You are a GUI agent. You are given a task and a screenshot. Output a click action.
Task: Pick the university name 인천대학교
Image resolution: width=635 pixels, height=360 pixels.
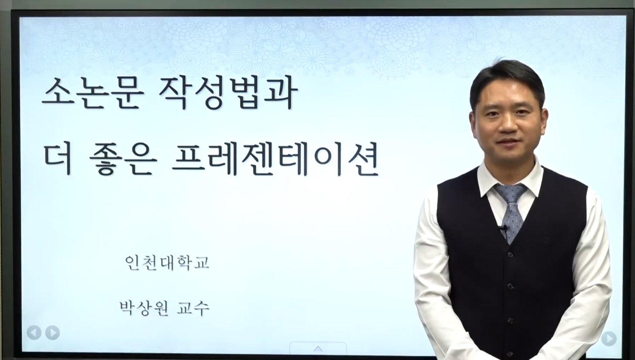point(167,263)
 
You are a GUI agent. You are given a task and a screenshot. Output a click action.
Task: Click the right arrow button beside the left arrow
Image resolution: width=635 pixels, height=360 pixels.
point(53,333)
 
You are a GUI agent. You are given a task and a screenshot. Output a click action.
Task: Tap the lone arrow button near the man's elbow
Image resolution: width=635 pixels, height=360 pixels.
point(609,339)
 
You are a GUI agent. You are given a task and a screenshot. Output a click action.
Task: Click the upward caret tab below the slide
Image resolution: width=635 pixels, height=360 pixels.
point(318,349)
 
